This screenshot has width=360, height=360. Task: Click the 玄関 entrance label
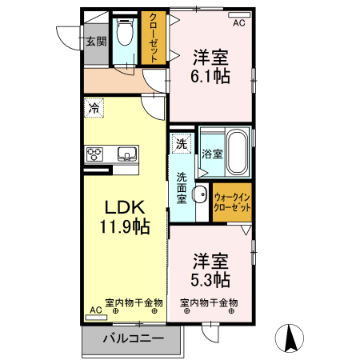coord(96,40)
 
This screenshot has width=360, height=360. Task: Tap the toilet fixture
coord(125,34)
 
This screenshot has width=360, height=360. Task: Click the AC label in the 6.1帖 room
coord(238,24)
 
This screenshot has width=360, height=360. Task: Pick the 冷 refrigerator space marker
coord(94,107)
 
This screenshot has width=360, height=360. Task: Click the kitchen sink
coord(126,154)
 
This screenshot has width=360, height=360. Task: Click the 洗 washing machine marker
coord(182,144)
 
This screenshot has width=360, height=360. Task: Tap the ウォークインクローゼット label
coord(232,202)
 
